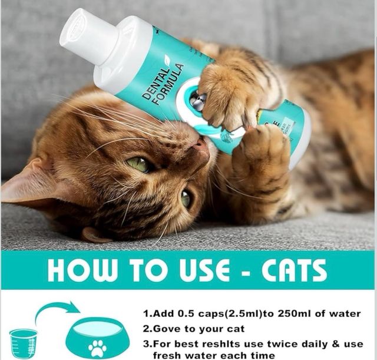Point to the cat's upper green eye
pos(140,164)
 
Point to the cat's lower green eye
pos(186,199)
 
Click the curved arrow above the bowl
pos(57,310)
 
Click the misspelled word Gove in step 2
pos(168,329)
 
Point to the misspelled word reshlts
pos(229,344)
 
